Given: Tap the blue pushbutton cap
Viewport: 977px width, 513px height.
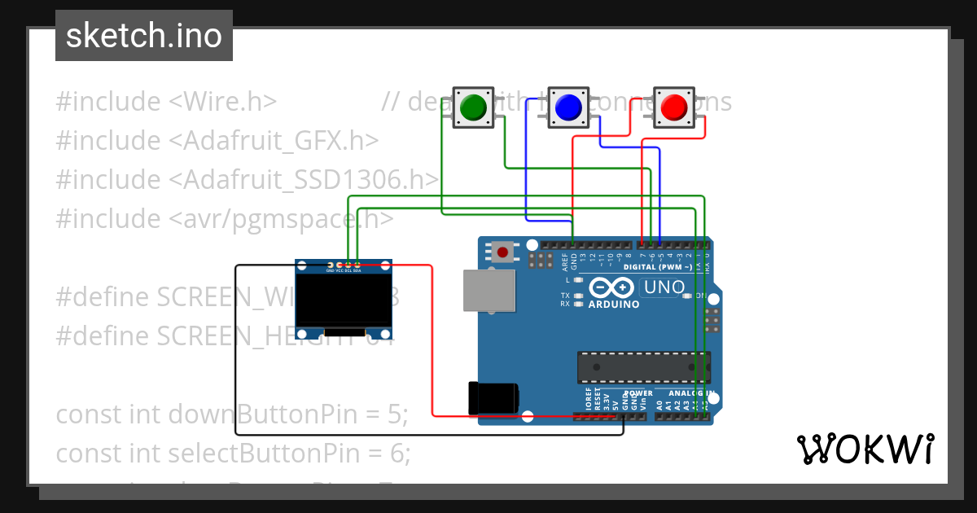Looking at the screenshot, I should click(x=567, y=107).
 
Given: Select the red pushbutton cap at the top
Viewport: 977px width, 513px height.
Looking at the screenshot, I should click(x=674, y=107).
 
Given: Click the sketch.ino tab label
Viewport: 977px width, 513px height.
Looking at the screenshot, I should click(x=144, y=36).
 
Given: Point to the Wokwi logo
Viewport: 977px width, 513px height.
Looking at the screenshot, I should click(x=865, y=449).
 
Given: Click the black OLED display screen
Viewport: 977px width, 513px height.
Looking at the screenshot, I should click(x=344, y=300).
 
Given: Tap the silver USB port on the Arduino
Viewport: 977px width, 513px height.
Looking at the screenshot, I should click(x=488, y=291).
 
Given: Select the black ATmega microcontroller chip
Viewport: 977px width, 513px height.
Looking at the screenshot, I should click(x=643, y=366).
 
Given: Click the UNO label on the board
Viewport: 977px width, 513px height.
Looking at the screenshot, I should click(x=663, y=287).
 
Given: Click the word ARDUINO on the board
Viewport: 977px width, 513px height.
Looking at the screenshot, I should click(x=615, y=305).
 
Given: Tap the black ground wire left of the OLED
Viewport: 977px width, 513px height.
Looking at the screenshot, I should click(x=236, y=350).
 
